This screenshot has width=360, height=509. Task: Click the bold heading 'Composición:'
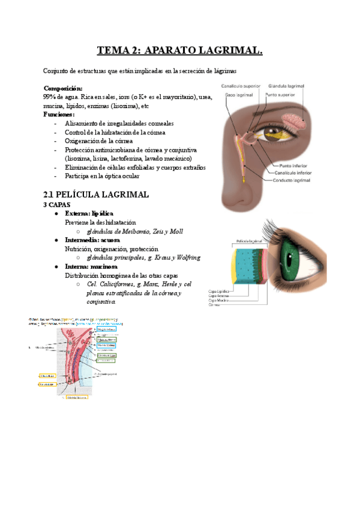64,88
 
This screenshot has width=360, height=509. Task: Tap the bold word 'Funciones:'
59,114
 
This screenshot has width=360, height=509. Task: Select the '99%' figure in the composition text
50,97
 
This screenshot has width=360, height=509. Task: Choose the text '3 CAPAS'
57,205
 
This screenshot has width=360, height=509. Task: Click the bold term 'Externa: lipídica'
89,214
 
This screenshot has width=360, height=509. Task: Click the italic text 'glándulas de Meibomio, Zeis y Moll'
135,231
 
